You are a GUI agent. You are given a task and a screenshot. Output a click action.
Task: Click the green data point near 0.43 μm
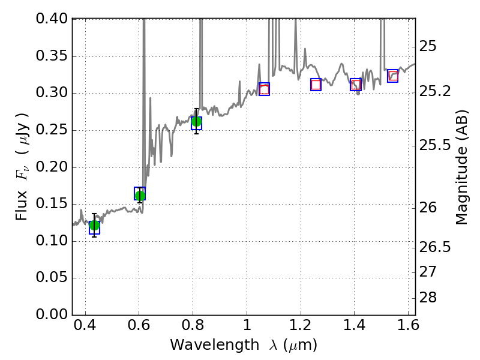(x=94, y=226)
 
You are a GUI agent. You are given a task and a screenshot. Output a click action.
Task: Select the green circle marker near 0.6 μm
(x=140, y=196)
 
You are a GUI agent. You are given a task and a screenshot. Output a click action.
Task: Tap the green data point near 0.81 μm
(x=196, y=122)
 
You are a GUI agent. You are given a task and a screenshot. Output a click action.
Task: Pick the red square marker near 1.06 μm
(x=264, y=89)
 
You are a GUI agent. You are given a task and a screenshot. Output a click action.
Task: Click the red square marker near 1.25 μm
(x=316, y=85)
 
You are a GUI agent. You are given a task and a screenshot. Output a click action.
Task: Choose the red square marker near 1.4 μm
(x=356, y=85)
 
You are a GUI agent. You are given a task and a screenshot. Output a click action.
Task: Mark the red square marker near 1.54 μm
(x=393, y=76)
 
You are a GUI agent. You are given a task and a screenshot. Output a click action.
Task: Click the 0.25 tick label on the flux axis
(x=52, y=130)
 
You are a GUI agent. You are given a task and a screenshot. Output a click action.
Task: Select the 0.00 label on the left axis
(x=52, y=314)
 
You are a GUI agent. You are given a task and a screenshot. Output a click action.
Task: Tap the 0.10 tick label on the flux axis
(x=52, y=241)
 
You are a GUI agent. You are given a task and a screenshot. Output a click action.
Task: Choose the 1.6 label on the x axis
(x=408, y=325)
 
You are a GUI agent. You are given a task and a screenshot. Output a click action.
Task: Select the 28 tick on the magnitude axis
(x=428, y=297)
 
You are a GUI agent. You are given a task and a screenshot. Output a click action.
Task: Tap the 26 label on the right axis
(x=428, y=208)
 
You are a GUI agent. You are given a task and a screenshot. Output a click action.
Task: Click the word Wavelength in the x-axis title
(x=215, y=345)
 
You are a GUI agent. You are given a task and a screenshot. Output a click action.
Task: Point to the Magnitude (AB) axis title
(x=462, y=167)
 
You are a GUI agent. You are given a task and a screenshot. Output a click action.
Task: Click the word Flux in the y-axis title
(x=22, y=206)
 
